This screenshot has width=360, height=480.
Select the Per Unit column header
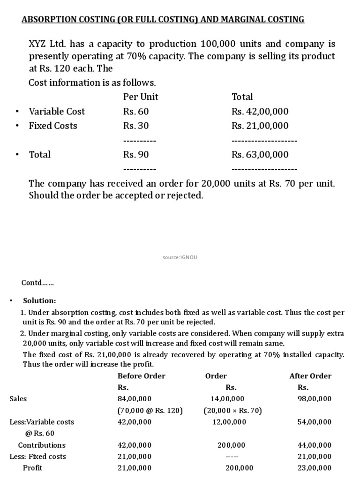[141, 97]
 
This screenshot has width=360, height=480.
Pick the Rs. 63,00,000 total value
[260, 154]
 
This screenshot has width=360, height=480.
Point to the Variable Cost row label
[57, 112]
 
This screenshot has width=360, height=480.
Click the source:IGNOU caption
[180, 257]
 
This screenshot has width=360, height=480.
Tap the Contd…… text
[38, 283]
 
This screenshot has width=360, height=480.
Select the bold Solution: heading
[40, 300]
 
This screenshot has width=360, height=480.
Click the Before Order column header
[141, 376]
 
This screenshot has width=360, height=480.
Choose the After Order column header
[310, 376]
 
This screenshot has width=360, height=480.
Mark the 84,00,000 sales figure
[134, 399]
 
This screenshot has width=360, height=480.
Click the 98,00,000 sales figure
[315, 399]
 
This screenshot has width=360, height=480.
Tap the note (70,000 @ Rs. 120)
[150, 411]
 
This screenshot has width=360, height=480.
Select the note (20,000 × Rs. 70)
[232, 411]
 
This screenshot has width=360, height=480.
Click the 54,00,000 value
[315, 422]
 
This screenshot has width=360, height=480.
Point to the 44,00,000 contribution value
[315, 445]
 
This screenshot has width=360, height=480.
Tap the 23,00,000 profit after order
[315, 468]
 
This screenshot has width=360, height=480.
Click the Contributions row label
[42, 445]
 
